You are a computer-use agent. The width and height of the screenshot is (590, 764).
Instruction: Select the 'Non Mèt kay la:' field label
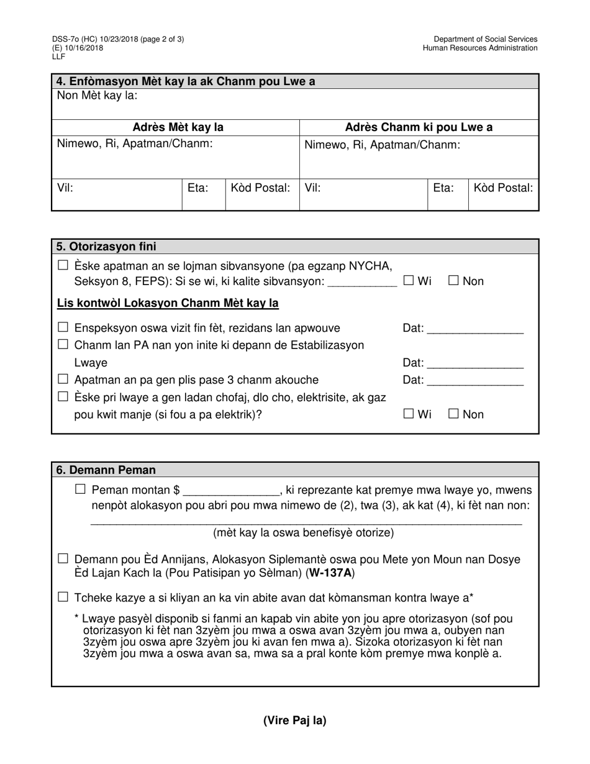pyautogui.click(x=98, y=96)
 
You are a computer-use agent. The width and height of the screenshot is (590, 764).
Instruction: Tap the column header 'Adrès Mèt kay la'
pyautogui.click(x=178, y=127)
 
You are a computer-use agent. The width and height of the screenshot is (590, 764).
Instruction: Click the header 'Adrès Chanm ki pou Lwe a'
pyautogui.click(x=419, y=127)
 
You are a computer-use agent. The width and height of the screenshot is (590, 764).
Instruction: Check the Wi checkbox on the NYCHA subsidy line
pyautogui.click(x=408, y=281)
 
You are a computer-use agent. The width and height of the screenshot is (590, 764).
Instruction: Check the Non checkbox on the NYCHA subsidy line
pyautogui.click(x=453, y=281)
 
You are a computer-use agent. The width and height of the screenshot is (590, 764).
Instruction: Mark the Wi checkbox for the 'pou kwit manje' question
pyautogui.click(x=408, y=414)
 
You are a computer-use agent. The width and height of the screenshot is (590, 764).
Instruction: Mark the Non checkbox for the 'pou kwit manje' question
pyautogui.click(x=453, y=414)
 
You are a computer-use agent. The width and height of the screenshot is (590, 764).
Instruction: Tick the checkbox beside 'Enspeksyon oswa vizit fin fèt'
pyautogui.click(x=63, y=327)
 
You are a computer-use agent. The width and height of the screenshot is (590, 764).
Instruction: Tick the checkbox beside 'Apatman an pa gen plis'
pyautogui.click(x=63, y=379)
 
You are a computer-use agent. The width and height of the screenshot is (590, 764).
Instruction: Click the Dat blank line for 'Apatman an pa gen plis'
pyautogui.click(x=475, y=381)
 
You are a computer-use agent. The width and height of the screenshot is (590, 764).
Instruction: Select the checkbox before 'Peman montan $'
pyautogui.click(x=80, y=489)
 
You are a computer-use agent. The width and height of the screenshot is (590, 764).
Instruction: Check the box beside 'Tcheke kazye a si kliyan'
pyautogui.click(x=63, y=598)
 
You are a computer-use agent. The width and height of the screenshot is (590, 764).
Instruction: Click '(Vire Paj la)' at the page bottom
pyautogui.click(x=294, y=721)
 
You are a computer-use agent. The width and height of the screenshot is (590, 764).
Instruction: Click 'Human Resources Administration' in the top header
pyautogui.click(x=480, y=48)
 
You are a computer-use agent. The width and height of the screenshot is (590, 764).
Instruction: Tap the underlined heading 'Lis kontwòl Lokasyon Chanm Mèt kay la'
pyautogui.click(x=168, y=303)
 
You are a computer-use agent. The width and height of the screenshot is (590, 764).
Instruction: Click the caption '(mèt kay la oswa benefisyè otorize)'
pyautogui.click(x=303, y=532)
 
